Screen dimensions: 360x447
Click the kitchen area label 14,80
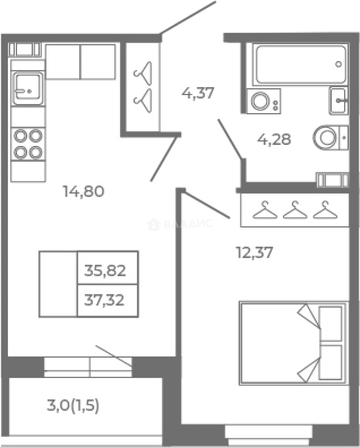coord(84,191)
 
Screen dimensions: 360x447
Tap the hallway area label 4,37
coord(198,93)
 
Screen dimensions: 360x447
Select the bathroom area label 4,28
coord(274,139)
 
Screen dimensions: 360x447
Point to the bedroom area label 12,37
coord(254,252)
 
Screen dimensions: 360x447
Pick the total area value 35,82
coord(105,270)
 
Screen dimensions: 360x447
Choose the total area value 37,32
coord(104,300)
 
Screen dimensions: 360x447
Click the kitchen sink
coord(28,88)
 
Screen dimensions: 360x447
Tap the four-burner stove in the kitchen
coord(28,144)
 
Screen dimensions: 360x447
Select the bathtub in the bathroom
coord(301,65)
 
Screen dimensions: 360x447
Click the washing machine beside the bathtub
coord(263,101)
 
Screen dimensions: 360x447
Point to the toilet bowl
coord(330,137)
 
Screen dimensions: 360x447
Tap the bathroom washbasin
coord(338,101)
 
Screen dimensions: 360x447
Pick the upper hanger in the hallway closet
coord(143,73)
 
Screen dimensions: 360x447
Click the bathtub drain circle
coord(338,64)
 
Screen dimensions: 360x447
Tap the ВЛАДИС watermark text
coord(180,224)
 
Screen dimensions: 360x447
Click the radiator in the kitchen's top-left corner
coord(24,49)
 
